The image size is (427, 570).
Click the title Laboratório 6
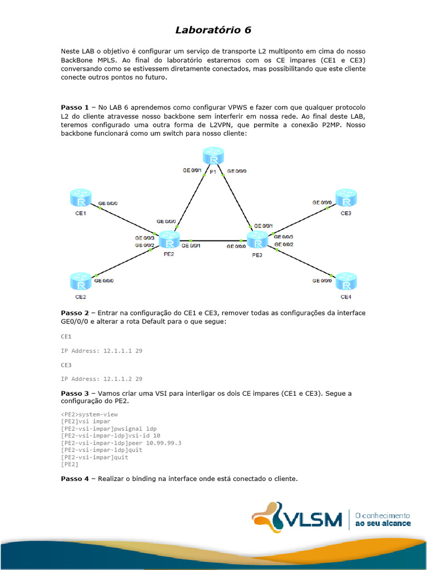coord(213,30)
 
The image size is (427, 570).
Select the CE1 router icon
coord(81,199)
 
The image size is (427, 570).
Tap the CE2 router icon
coord(81,281)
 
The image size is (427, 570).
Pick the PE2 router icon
coord(169,240)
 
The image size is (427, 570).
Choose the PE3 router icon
coord(257,240)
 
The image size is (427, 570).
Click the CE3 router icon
coord(345,199)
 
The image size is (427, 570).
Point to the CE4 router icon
coord(345,281)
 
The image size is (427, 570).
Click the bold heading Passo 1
coord(75,107)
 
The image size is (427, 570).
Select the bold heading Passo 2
coord(75,313)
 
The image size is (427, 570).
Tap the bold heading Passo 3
coord(75,393)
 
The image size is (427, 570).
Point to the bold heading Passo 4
coord(75,478)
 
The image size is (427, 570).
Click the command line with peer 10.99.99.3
coord(121,443)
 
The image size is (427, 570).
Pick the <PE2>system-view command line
coord(89,414)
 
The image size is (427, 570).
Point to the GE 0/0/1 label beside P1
coord(192,170)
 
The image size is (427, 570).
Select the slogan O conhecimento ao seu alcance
coord(383,519)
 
